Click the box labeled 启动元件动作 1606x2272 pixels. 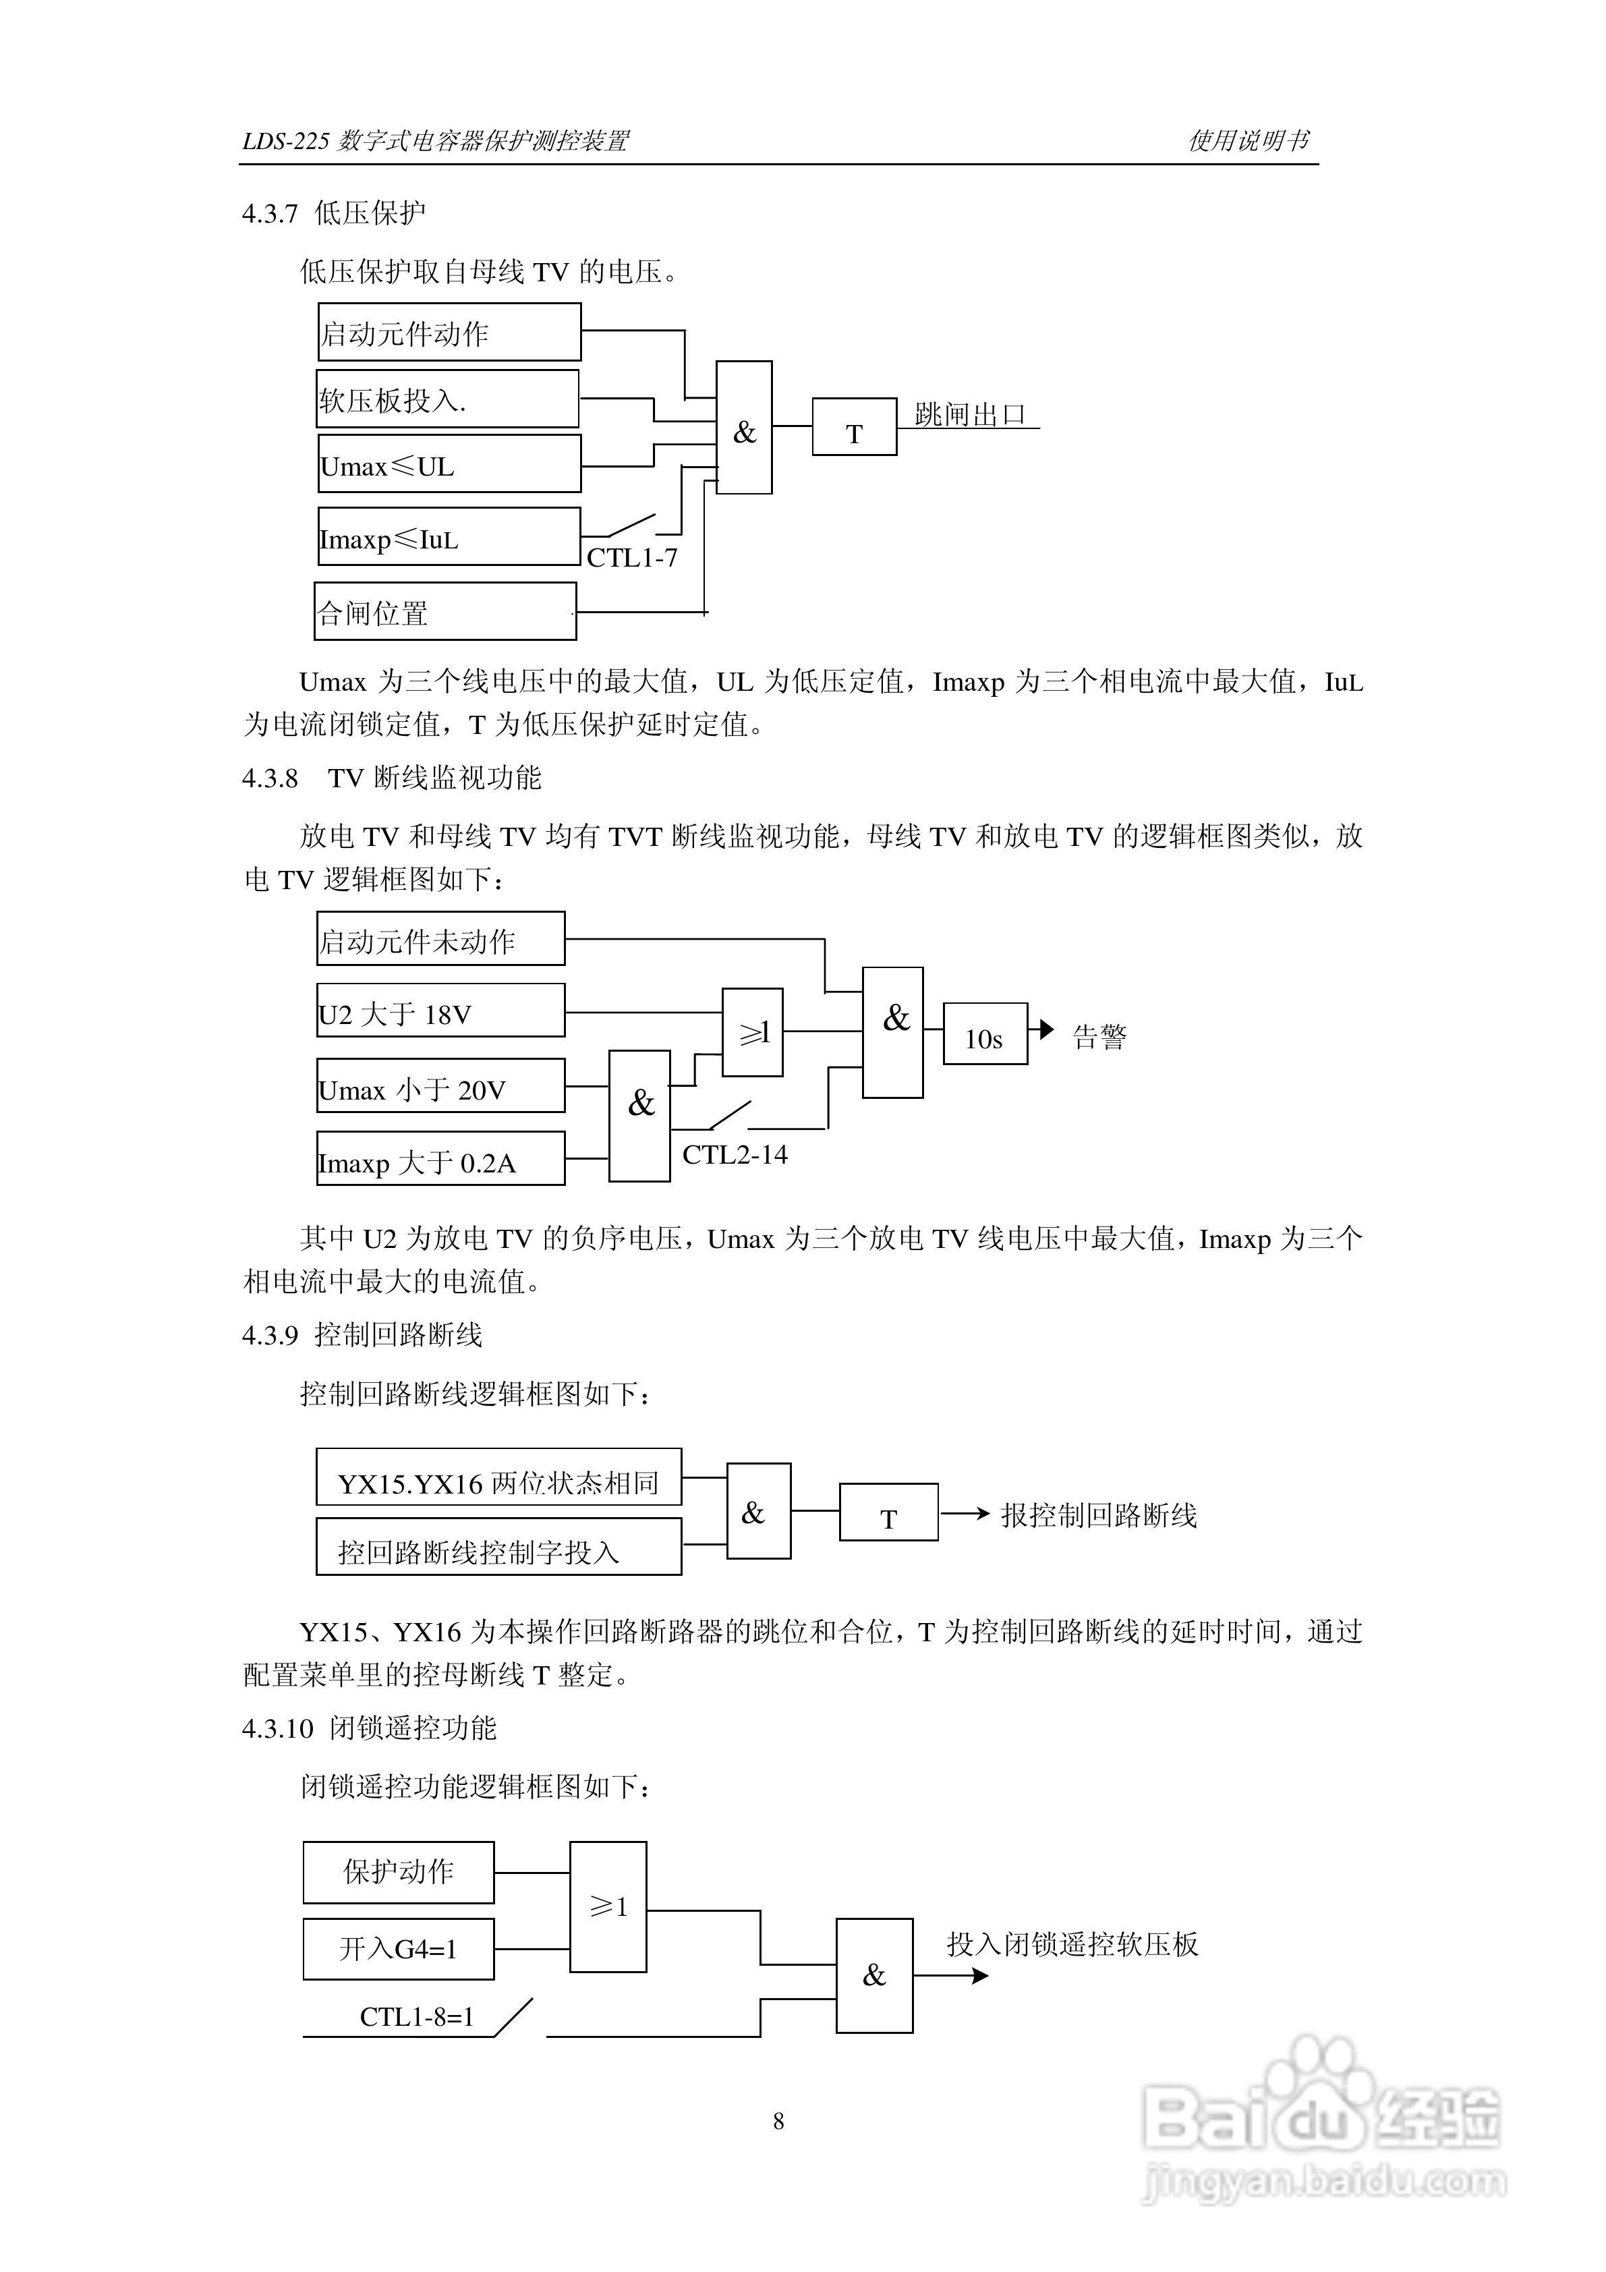tap(449, 333)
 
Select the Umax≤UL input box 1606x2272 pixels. tap(449, 464)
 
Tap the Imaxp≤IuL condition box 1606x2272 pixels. tap(449, 538)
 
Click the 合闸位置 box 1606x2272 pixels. tap(444, 612)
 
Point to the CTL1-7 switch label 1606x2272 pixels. tap(631, 558)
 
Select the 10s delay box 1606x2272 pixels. tap(985, 1034)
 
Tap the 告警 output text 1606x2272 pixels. tap(1099, 1037)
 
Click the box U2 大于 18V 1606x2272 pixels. tap(440, 1011)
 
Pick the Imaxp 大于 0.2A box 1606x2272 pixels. tap(440, 1159)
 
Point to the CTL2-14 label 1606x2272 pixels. tap(735, 1155)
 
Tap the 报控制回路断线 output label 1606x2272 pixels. tap(1098, 1515)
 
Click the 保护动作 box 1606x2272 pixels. tap(398, 1871)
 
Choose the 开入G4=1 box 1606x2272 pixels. tap(398, 1948)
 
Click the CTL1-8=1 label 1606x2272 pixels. tap(417, 2017)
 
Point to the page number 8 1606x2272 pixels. tap(779, 2121)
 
